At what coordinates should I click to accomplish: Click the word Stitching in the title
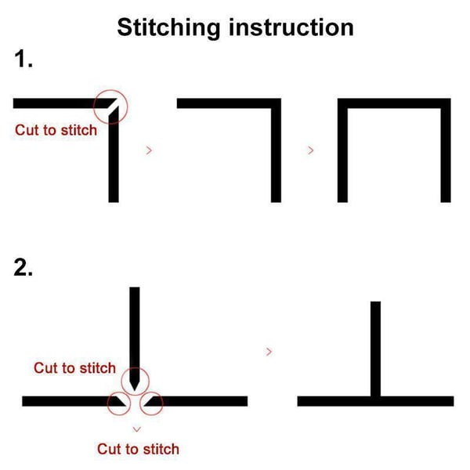click(168, 28)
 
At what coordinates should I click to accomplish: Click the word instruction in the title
click(291, 27)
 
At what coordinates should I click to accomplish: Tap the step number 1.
click(23, 59)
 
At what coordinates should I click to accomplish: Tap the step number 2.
click(23, 267)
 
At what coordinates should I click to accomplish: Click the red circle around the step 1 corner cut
click(110, 90)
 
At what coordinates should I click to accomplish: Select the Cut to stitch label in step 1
click(56, 130)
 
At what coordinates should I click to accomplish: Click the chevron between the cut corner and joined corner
click(149, 150)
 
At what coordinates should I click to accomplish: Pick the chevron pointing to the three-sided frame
click(311, 150)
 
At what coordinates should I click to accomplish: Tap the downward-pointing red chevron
click(136, 429)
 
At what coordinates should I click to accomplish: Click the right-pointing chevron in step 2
click(269, 352)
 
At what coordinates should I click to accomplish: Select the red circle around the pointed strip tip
click(135, 368)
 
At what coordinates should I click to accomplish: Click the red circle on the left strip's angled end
click(119, 392)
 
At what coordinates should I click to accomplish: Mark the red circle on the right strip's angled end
click(151, 392)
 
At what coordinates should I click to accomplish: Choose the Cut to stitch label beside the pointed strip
click(74, 368)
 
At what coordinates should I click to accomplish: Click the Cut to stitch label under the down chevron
click(138, 450)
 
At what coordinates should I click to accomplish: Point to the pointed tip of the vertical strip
click(135, 390)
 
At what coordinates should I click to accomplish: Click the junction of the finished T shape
click(375, 401)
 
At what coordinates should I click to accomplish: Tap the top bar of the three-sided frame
click(394, 103)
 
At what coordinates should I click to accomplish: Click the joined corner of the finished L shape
click(276, 103)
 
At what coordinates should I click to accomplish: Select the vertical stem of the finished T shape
click(375, 349)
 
